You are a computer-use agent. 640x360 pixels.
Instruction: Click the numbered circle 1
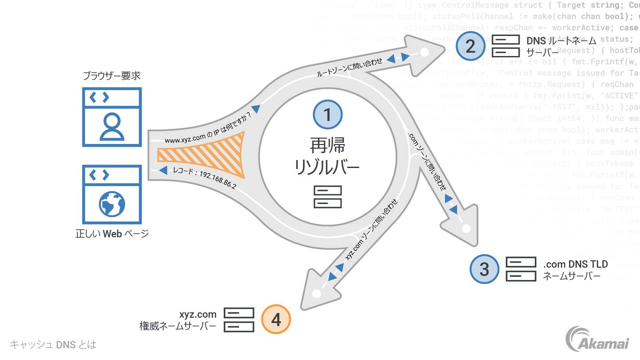328,115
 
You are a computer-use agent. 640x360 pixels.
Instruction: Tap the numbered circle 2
470,46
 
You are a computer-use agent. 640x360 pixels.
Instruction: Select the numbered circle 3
484,269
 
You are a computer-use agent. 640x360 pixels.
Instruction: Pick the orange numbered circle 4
276,319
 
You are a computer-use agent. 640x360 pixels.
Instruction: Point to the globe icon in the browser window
112,204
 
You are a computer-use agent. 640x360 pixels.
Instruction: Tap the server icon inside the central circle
328,197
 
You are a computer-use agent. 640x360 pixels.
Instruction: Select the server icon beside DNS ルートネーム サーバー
505,46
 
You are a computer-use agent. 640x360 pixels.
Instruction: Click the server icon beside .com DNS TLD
520,269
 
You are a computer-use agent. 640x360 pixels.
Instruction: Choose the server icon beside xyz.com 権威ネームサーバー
239,320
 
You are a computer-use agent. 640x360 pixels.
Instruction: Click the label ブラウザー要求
112,76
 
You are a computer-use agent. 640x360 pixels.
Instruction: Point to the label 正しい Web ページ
112,233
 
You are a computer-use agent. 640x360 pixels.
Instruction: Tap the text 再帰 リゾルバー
328,156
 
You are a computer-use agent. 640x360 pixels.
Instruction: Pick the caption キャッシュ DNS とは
53,344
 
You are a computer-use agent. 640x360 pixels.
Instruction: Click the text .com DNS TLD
575,264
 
